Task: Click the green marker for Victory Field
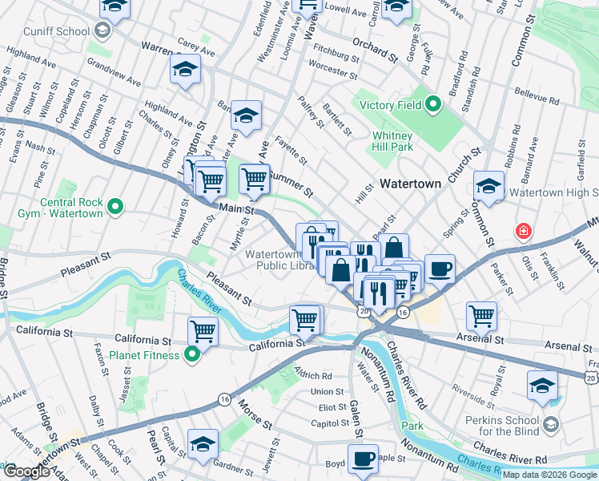click(x=433, y=104)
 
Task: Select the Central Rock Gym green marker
click(x=115, y=208)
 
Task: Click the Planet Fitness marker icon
click(x=191, y=354)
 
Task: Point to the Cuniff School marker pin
click(x=102, y=31)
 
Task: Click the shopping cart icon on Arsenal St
click(x=481, y=315)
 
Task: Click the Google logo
click(x=26, y=472)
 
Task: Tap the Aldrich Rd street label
click(x=313, y=375)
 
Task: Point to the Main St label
click(x=237, y=209)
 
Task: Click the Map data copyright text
click(x=549, y=475)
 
